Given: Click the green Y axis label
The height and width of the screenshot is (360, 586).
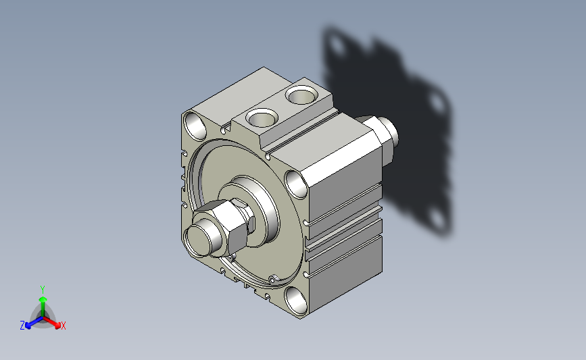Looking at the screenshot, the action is pos(43,290).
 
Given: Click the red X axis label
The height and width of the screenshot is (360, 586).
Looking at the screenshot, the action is pos(63,326).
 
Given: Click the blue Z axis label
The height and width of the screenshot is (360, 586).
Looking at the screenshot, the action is pos(22,326).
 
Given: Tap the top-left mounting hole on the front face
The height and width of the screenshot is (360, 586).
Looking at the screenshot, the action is pos(195,126).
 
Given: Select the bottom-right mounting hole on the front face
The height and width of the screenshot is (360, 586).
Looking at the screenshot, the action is pos(296,300).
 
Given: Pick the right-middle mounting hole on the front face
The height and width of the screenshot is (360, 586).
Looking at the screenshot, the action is pos(295,184).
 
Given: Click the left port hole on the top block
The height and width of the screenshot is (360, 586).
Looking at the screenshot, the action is pos(262,118).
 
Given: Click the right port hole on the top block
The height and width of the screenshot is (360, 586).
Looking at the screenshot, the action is pos(301,95).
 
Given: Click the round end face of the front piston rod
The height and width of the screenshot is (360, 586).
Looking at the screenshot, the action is pos(198,240).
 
